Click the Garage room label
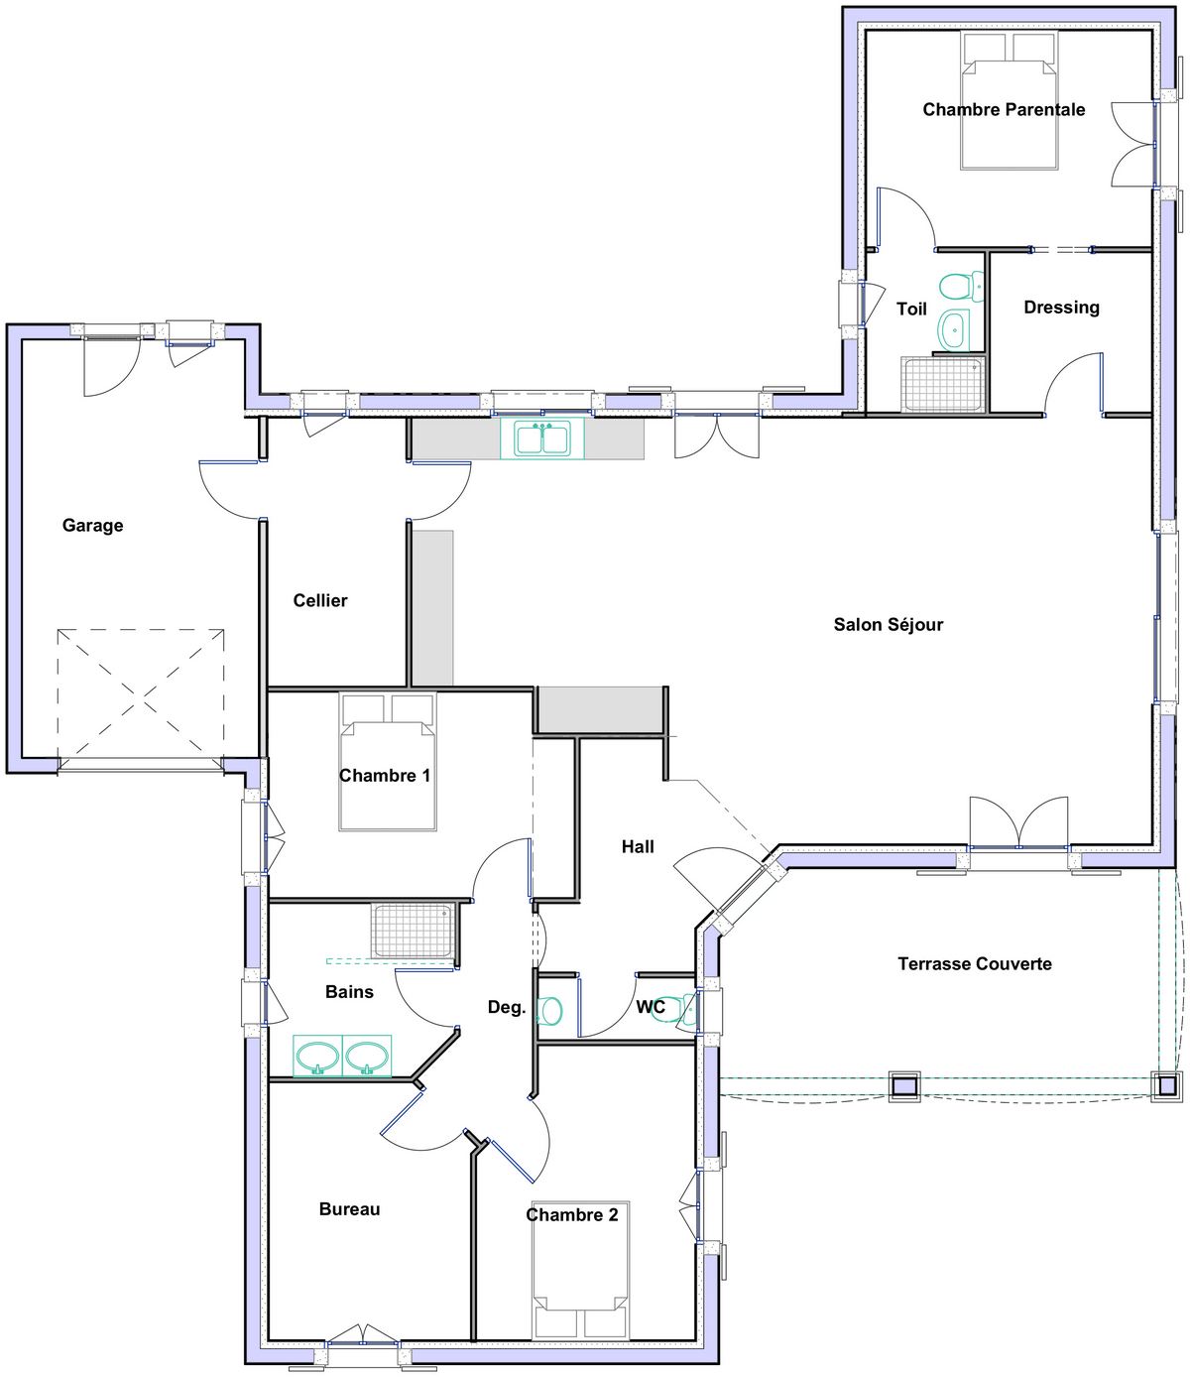[x=92, y=526]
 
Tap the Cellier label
[x=320, y=600]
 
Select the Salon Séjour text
[x=889, y=624]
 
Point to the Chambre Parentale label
[x=1004, y=109]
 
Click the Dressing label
[x=1061, y=308]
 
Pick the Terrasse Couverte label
[x=975, y=963]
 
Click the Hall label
[x=638, y=846]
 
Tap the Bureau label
[x=350, y=1209]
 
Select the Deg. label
[x=507, y=1007]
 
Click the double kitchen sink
[x=542, y=439]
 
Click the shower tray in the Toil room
[x=942, y=384]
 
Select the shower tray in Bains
[x=413, y=930]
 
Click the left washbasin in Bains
[x=317, y=1056]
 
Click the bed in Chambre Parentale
[x=1009, y=100]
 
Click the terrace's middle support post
[x=904, y=1087]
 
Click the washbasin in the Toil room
[x=956, y=329]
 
